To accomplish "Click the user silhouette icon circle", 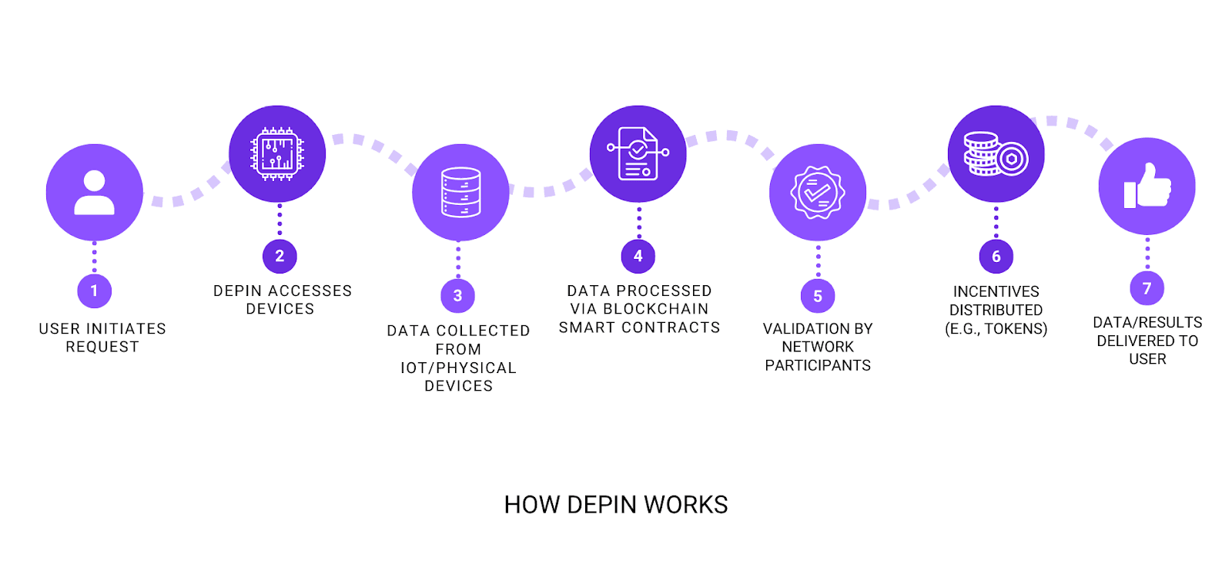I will [x=95, y=192].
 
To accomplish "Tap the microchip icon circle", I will [x=277, y=154].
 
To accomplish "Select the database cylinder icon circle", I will [x=460, y=192].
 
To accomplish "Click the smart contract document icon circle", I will [x=638, y=154].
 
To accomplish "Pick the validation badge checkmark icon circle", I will [x=818, y=192].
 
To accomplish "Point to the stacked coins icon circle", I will [x=996, y=154].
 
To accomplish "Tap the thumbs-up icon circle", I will [x=1147, y=186].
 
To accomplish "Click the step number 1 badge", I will [x=95, y=291].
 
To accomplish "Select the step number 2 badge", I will [x=280, y=256].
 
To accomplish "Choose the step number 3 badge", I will [x=458, y=295].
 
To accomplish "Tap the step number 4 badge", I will [x=638, y=256].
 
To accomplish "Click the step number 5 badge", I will [x=818, y=296].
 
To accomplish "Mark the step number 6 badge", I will [x=996, y=257].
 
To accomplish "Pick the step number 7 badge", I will [x=1147, y=288].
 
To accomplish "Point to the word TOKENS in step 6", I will [x=1016, y=329].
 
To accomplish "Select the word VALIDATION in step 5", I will [x=799, y=329].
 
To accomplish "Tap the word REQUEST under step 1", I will [x=102, y=348].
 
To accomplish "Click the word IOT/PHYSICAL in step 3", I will [x=458, y=368].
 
